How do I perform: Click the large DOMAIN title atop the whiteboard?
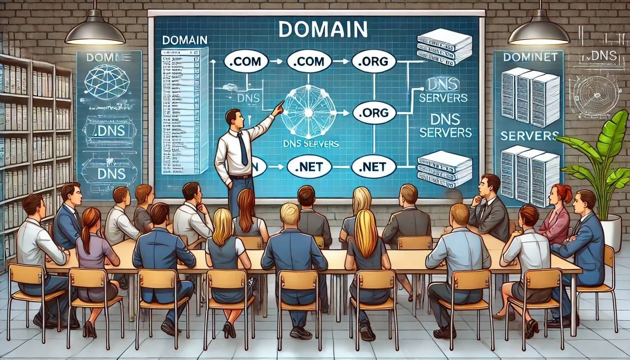point(323,29)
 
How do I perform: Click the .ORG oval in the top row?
point(374,62)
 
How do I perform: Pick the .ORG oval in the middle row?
point(375,113)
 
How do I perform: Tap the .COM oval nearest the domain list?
point(246,62)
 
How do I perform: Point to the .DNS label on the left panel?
point(109,131)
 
